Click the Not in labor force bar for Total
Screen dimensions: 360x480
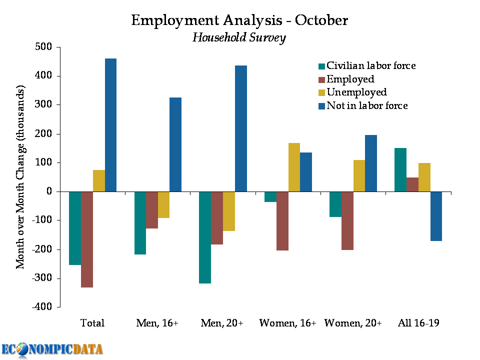110,125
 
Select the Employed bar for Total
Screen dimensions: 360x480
87,239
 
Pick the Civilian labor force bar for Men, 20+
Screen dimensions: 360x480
204,237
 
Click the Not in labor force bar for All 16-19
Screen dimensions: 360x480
436,216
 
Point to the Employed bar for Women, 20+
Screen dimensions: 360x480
347,220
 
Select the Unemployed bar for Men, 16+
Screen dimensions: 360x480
163,204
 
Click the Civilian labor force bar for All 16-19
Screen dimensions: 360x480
400,169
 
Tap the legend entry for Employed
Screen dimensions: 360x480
350,79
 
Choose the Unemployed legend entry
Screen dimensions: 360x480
356,92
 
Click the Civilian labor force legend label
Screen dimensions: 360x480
370,65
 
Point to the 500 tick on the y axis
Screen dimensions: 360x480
43,47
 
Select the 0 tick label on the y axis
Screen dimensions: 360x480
49,191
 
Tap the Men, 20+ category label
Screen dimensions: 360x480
222,323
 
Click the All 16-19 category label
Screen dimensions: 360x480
418,323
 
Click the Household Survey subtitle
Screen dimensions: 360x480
239,37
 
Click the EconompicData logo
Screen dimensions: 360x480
52,348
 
